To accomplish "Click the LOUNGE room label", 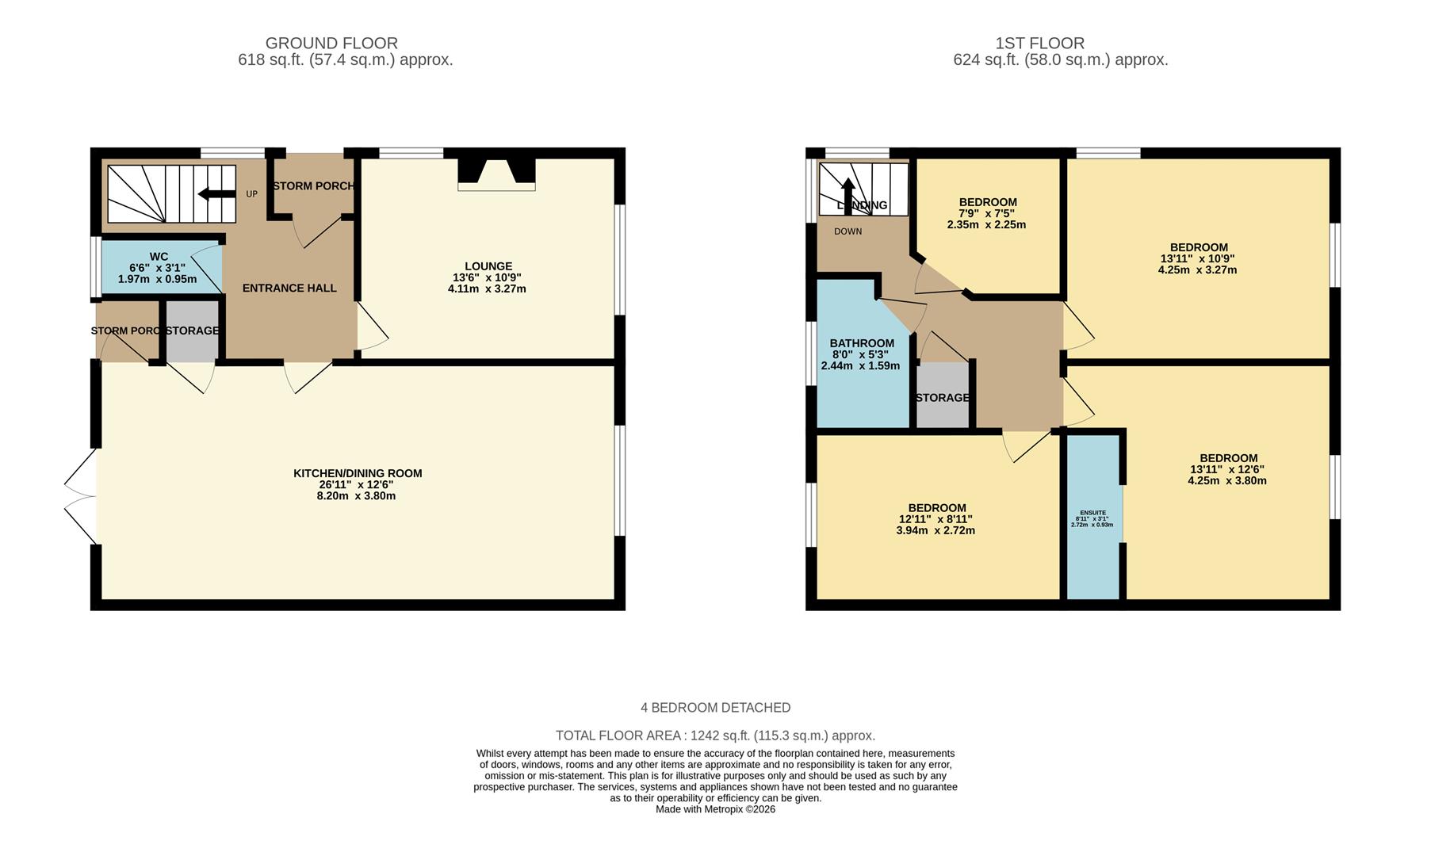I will point(488,266).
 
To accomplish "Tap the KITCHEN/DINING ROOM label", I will point(358,473).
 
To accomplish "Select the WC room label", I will point(159,257).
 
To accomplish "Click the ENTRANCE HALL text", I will point(289,288).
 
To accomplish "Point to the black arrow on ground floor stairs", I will point(216,194).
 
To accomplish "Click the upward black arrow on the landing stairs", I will point(848,192).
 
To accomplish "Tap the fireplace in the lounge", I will point(496,174).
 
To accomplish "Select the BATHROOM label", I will point(862,343).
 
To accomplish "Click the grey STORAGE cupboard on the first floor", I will point(942,396).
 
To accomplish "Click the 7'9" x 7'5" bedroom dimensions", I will point(986,213).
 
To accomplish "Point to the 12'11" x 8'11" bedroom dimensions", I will point(936,519).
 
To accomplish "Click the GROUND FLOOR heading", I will point(331,43).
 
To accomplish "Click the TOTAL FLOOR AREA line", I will point(715,736).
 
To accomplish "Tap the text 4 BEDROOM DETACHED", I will point(715,708).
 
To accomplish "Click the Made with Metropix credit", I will point(715,809).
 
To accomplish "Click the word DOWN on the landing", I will point(848,231).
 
